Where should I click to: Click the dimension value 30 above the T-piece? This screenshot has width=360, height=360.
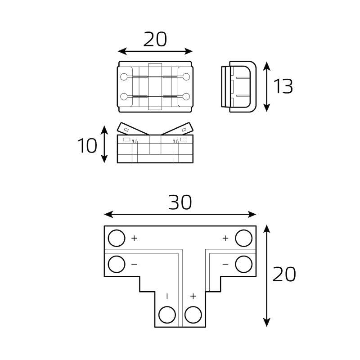tap(180, 202)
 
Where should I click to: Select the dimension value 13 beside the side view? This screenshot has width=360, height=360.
tap(283, 86)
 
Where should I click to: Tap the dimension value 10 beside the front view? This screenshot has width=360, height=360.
tap(87, 145)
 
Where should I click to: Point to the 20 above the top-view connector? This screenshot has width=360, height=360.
tap(155, 39)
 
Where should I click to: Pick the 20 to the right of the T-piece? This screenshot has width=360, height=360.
tap(284, 274)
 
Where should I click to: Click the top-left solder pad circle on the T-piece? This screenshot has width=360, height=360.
tap(117, 238)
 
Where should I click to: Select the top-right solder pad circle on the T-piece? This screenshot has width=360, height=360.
tap(244, 238)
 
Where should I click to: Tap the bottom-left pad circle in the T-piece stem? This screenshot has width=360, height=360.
tap(167, 315)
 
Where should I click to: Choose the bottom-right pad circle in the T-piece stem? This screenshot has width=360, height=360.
tap(193, 315)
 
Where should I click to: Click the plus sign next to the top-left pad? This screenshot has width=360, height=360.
tap(134, 238)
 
